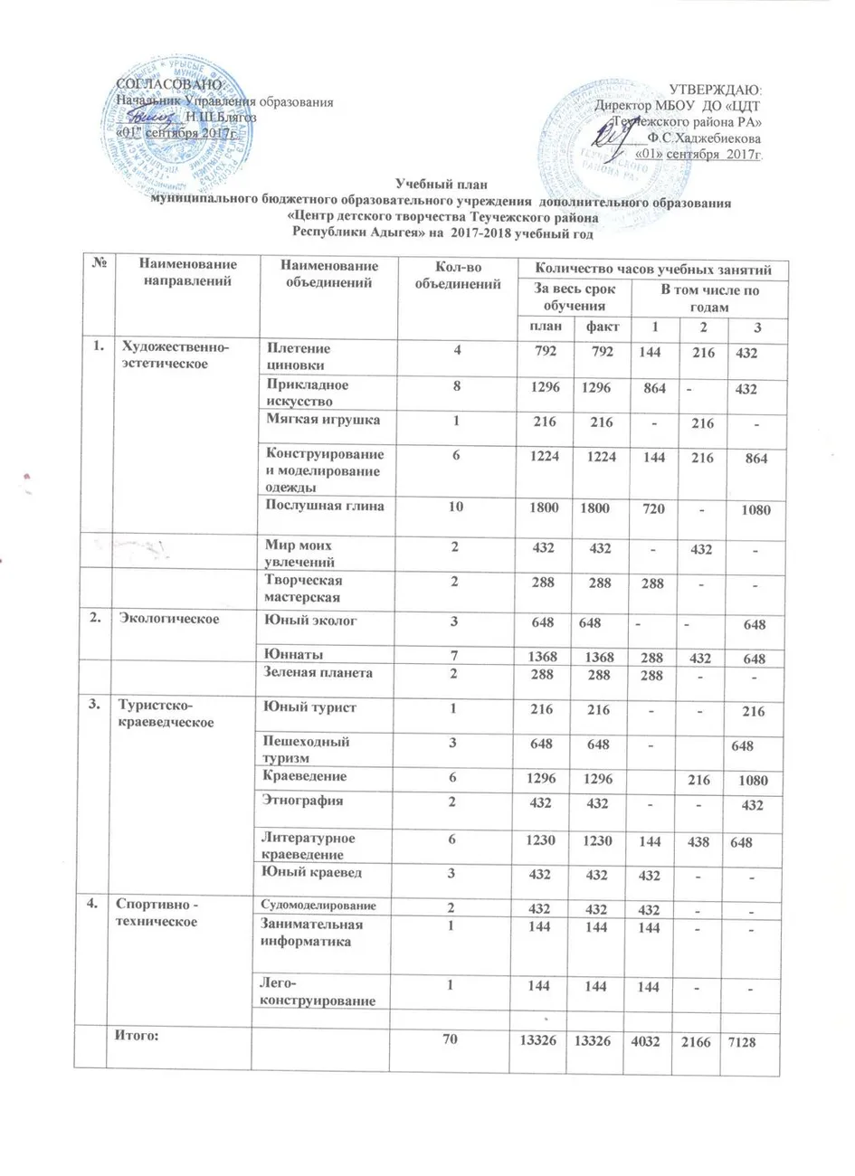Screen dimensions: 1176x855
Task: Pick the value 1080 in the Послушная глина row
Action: pos(751,510)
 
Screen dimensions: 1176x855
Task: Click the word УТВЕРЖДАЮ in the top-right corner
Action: pos(714,90)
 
